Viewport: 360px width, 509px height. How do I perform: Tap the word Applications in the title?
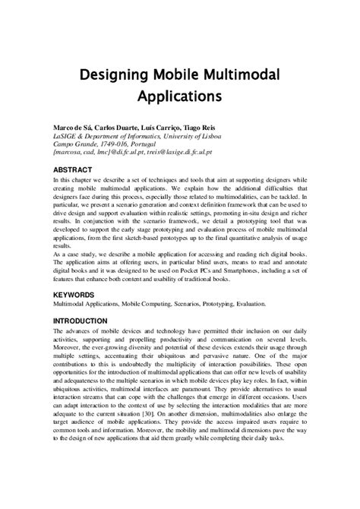click(179, 97)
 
